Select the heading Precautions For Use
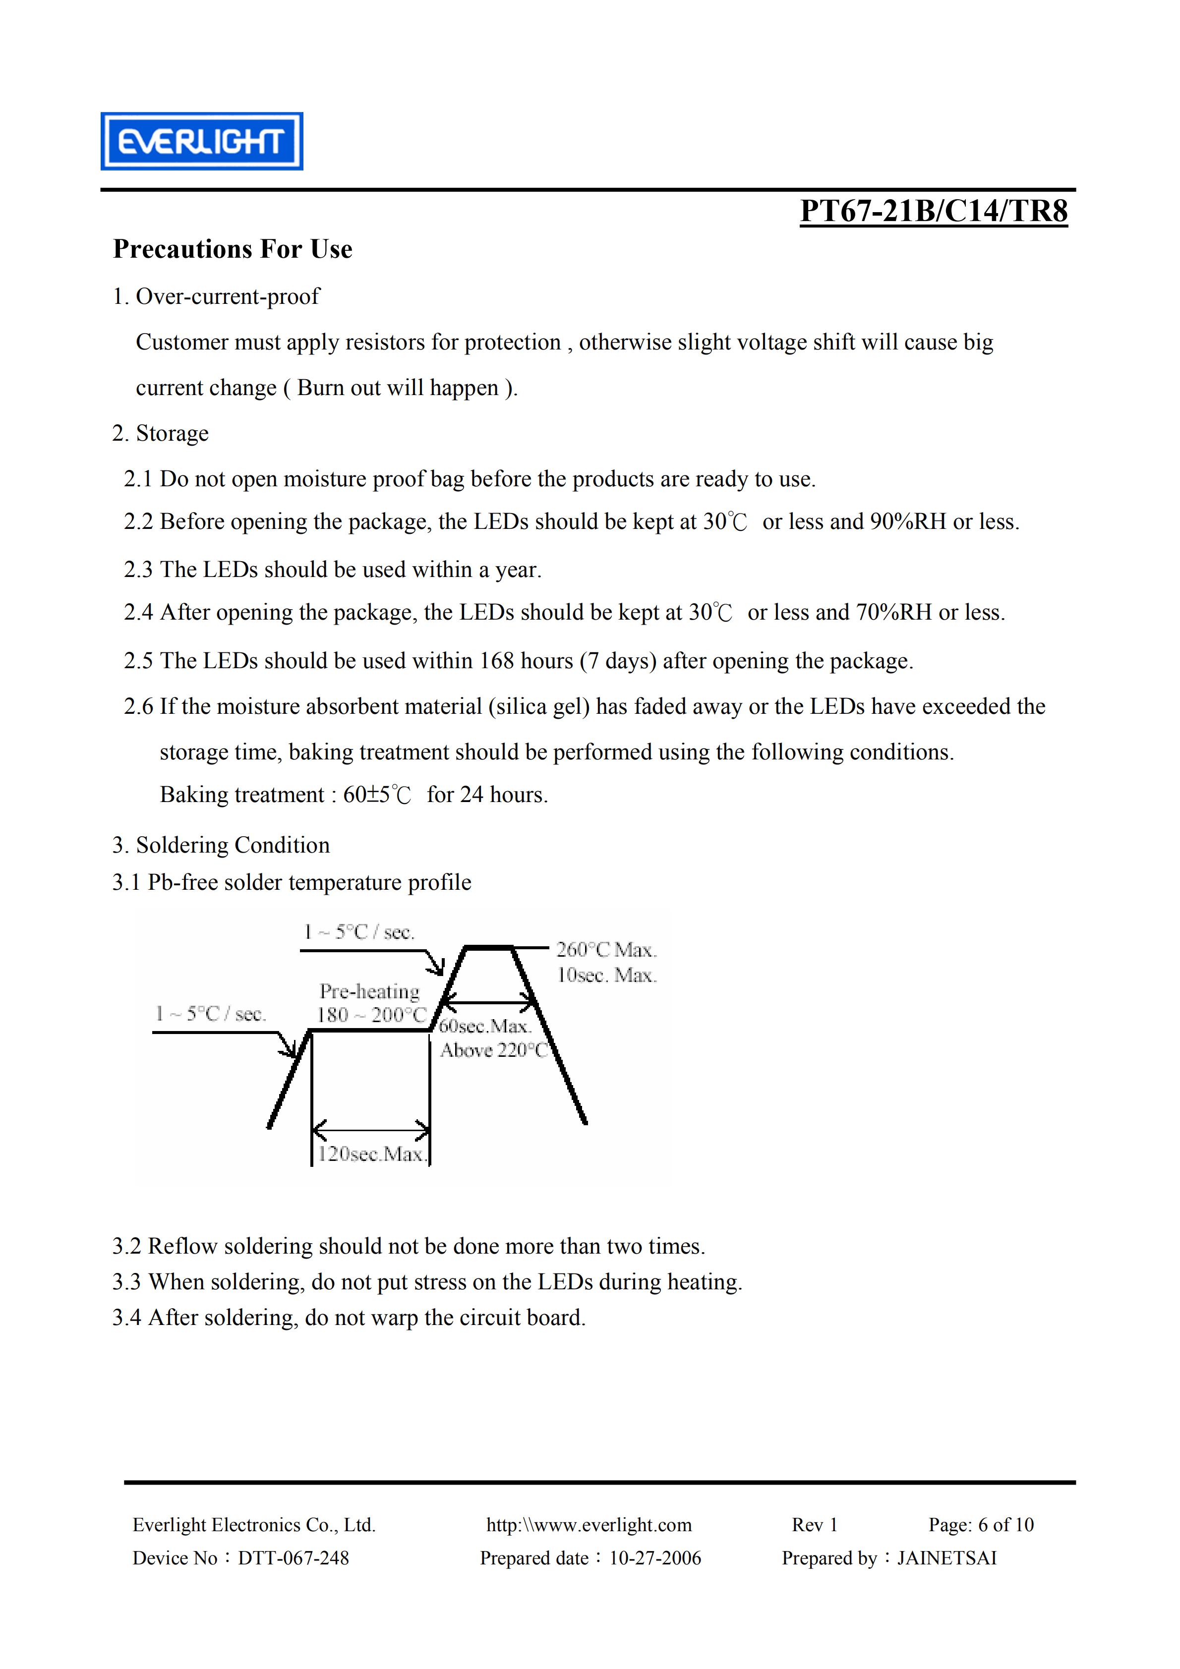click(233, 249)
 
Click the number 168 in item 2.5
click(497, 661)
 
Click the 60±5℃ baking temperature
click(377, 795)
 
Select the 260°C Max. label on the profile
click(606, 949)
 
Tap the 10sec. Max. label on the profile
click(606, 975)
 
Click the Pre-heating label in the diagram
click(369, 991)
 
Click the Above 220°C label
click(494, 1050)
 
